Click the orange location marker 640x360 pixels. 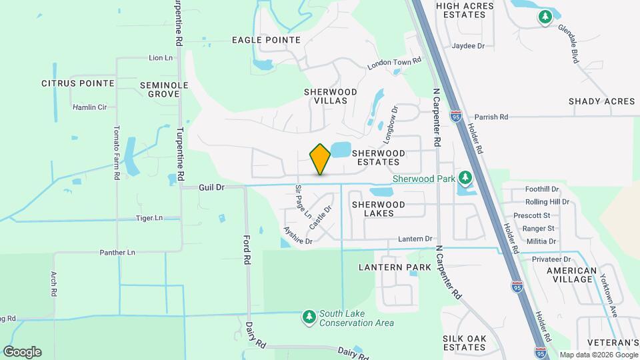(x=320, y=159)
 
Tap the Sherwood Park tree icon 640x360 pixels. (x=465, y=178)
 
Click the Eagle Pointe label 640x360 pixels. (x=266, y=40)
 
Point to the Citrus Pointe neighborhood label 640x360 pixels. (x=78, y=83)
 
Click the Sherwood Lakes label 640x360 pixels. (x=378, y=209)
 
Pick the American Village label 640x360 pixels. (x=571, y=275)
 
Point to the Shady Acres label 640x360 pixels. (x=601, y=101)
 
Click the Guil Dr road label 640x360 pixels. (x=211, y=188)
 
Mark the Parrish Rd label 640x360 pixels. (x=489, y=117)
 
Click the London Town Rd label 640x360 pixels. (x=395, y=63)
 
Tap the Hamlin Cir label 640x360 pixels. (x=89, y=107)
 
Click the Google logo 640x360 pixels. (x=22, y=352)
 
